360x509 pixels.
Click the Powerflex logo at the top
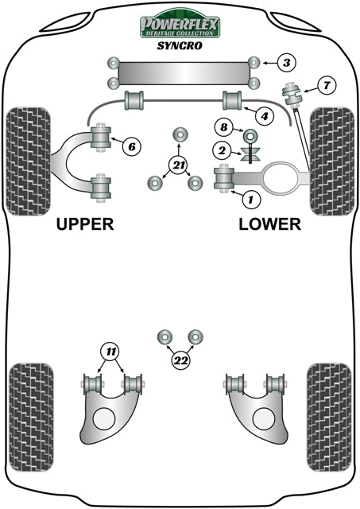pos(180,25)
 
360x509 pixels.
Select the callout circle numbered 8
pos(224,127)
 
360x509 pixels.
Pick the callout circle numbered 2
pos(223,149)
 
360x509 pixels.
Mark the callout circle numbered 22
pos(180,361)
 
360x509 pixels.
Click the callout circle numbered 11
pos(110,351)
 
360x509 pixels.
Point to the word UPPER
pos(85,224)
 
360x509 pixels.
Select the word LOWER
pos(270,224)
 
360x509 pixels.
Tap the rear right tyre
pos(328,408)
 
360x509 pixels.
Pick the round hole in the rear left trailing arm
pos(104,417)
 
